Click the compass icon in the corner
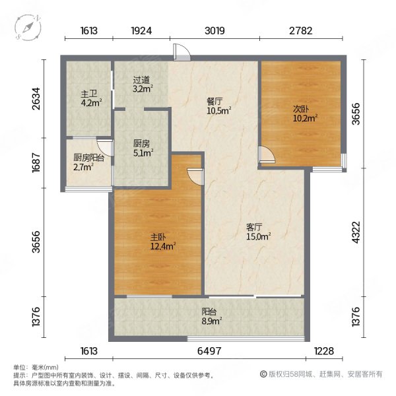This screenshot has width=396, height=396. (28, 27)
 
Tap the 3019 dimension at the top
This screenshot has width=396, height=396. (214, 31)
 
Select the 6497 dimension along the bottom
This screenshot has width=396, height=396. (209, 351)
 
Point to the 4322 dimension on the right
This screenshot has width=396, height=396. (356, 232)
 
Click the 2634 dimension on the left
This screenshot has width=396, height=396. (36, 98)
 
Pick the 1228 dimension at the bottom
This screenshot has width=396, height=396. (324, 351)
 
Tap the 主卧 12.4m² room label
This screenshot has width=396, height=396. (163, 242)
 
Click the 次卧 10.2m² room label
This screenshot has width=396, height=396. (305, 114)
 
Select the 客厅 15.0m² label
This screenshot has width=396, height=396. (258, 232)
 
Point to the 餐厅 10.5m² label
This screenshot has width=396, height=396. (219, 106)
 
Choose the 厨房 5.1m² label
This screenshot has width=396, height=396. (143, 148)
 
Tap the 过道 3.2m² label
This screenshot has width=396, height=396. (143, 84)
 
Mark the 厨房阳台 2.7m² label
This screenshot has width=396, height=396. (88, 162)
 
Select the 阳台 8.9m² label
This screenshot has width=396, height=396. (212, 316)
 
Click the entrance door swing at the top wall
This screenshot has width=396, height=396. (182, 52)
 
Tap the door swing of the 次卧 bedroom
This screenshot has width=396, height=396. (267, 154)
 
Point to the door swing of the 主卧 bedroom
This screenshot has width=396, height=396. (195, 177)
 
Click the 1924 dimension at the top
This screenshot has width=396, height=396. (141, 31)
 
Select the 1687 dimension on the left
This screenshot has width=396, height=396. (36, 163)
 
